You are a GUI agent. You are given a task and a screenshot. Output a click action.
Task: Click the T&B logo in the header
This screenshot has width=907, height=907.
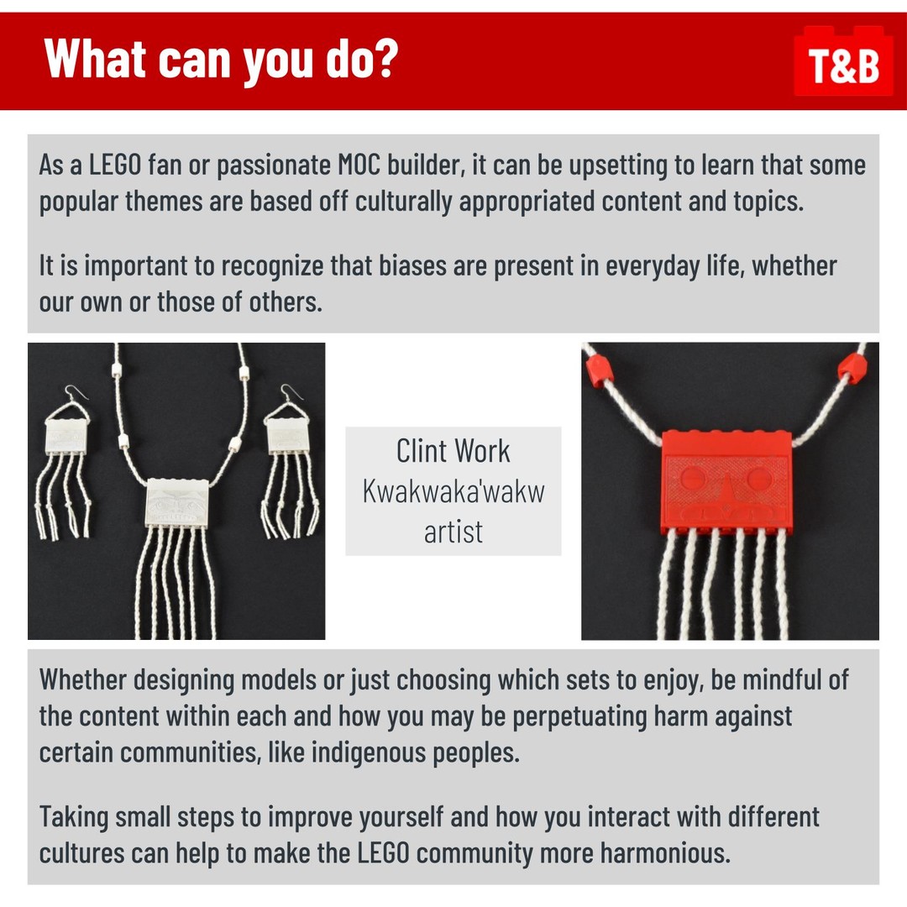pos(843,61)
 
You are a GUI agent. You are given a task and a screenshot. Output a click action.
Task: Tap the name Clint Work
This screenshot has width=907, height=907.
pos(453,451)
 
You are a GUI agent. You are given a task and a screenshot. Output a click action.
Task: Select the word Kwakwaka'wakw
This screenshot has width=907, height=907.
pos(453,491)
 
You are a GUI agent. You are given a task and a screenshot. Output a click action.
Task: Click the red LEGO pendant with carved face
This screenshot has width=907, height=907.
pos(727,481)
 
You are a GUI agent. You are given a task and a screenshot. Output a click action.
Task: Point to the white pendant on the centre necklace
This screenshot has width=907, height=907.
pos(176,502)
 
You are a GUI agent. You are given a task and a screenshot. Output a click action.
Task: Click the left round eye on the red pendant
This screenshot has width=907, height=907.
pos(693,479)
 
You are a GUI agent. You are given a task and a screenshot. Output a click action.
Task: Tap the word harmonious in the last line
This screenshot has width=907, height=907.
pos(664,852)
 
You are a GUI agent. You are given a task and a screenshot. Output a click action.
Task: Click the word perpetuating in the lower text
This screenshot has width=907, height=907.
pos(579,717)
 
